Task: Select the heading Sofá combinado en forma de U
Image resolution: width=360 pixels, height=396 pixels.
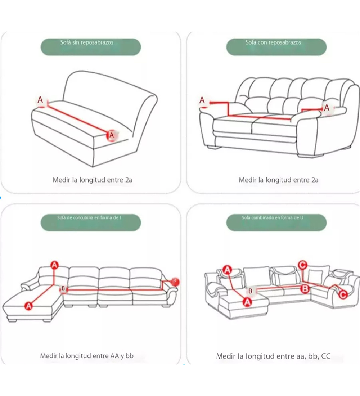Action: coord(272,217)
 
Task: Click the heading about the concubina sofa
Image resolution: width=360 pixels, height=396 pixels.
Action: coord(89,217)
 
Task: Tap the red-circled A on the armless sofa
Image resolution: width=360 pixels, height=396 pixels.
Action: coord(112,135)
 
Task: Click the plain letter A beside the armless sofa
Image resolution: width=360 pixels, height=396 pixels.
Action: coord(40,100)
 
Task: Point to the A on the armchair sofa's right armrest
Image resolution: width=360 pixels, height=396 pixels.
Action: coord(327,108)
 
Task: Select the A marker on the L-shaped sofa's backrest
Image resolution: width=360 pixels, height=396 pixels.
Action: coord(55,265)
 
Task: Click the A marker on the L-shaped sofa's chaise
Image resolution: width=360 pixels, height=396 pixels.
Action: coord(29,306)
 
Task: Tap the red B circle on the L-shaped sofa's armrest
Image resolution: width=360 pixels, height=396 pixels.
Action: coord(175,281)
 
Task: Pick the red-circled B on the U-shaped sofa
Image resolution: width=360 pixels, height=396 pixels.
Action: coord(305,288)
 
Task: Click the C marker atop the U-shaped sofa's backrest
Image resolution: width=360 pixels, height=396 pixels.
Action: coord(302,265)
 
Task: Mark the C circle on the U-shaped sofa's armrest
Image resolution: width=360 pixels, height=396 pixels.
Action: coord(343,294)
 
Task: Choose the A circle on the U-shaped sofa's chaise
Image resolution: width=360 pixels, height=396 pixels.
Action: coord(247,302)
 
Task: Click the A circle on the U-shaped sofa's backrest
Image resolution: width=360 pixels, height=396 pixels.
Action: coord(228,270)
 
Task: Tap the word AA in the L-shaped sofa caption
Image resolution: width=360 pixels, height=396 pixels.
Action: coord(114,356)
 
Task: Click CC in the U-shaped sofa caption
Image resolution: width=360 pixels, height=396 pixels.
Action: coord(326,356)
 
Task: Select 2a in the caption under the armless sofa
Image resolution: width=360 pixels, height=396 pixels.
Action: coord(129,180)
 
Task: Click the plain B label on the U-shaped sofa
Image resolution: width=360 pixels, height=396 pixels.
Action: coord(250,291)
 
